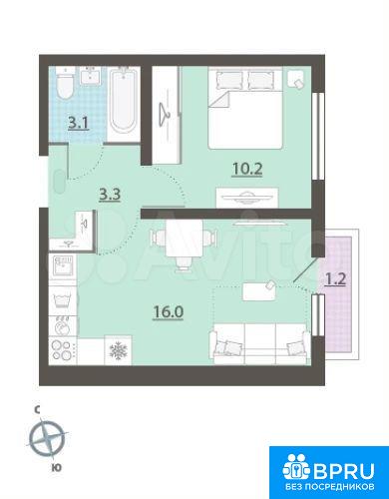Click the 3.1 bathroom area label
click(x=79, y=123)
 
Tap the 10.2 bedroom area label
click(x=247, y=169)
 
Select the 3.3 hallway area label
click(x=110, y=195)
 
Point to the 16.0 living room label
click(x=169, y=312)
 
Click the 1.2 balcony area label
click(x=335, y=279)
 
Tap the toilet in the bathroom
click(x=65, y=85)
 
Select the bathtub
click(x=124, y=102)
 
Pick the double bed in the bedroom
click(x=245, y=108)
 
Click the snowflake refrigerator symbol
click(x=119, y=349)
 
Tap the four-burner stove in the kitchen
click(x=63, y=350)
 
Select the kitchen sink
click(x=63, y=265)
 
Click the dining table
click(x=184, y=239)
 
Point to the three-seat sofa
click(x=259, y=343)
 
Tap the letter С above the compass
click(x=38, y=410)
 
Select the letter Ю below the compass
click(x=57, y=468)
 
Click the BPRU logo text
click(x=343, y=471)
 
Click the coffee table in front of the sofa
click(x=259, y=291)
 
